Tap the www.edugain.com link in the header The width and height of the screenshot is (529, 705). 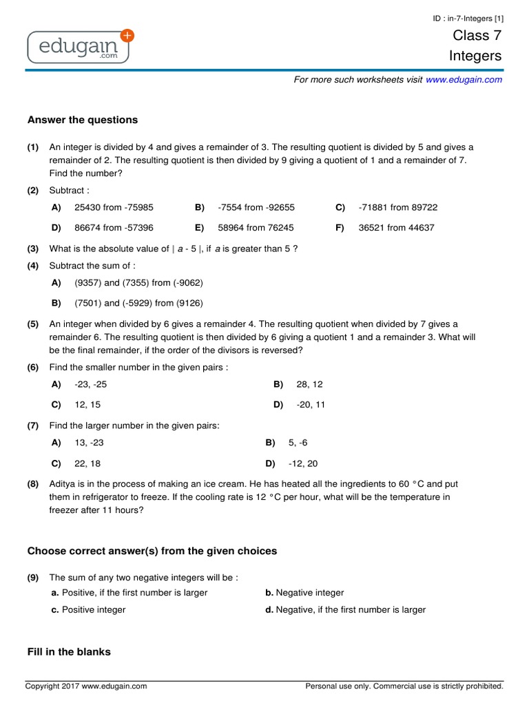coord(464,80)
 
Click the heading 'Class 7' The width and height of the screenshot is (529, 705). coord(477,36)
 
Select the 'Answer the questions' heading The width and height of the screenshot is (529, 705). coord(83,120)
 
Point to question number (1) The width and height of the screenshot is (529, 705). coord(33,147)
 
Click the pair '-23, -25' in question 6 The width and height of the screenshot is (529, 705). coord(90,384)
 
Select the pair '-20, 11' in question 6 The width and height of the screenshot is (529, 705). coord(311,405)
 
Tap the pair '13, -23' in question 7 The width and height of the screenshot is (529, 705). coord(89,443)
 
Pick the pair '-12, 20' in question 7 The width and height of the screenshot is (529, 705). coord(303,464)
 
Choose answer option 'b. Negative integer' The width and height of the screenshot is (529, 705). coord(304,593)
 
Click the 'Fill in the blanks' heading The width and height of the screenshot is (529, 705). coord(69,652)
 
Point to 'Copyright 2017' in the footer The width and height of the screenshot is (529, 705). coord(52,686)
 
